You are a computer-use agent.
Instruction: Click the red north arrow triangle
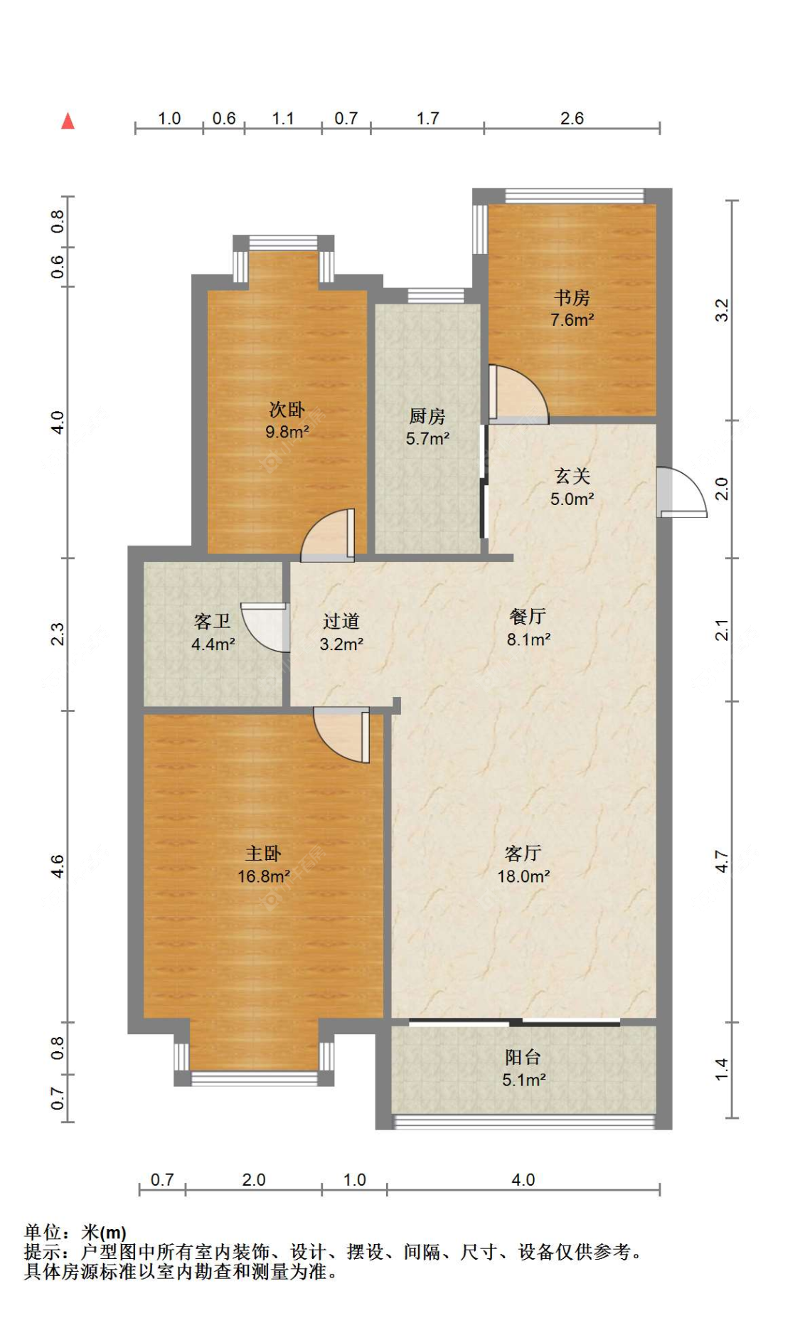[x=68, y=121]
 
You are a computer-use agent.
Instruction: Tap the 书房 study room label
[x=572, y=297]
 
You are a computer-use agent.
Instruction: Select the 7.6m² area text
[x=572, y=320]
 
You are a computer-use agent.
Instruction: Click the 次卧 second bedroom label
[x=287, y=409]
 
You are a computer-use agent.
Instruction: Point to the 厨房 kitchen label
[x=427, y=416]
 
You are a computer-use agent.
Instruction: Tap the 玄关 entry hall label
[x=572, y=476]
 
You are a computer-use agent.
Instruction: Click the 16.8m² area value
[x=263, y=876]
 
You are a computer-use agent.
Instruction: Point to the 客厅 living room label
[x=523, y=853]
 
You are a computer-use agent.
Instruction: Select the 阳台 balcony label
[x=523, y=1057]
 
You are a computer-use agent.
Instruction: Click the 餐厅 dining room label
[x=528, y=616]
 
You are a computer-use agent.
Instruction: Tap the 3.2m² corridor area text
[x=341, y=644]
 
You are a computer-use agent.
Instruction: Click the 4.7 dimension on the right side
[x=721, y=861]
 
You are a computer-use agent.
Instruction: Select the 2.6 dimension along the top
[x=572, y=118]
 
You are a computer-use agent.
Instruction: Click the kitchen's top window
[x=436, y=295]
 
